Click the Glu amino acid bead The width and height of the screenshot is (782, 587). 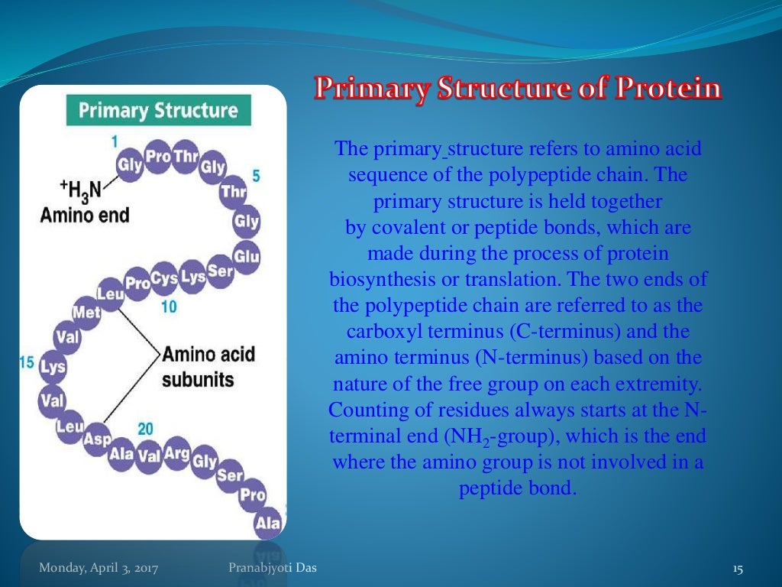[246, 255]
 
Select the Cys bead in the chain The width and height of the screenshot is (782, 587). [164, 277]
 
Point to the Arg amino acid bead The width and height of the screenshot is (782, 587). [176, 455]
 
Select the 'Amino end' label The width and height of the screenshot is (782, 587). [85, 215]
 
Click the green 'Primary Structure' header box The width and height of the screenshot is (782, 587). [158, 111]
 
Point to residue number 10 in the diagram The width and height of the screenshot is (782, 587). [169, 306]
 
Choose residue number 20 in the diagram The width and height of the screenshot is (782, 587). [145, 429]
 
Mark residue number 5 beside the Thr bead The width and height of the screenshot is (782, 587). [256, 176]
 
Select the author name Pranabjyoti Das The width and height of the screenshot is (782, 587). [272, 567]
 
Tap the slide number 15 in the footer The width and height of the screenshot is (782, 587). [737, 568]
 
